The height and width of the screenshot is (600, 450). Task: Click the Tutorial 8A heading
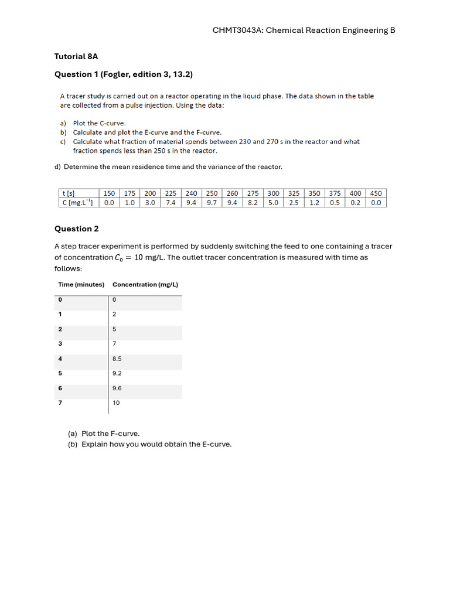[76, 57]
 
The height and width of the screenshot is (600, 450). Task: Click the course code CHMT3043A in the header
[238, 30]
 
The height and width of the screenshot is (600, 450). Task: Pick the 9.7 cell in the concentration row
[212, 202]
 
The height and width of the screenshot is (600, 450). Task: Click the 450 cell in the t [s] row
[376, 193]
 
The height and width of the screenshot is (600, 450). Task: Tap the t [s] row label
[68, 193]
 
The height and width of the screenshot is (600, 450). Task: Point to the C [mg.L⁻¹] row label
[77, 202]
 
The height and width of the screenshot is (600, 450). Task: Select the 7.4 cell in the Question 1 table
[171, 202]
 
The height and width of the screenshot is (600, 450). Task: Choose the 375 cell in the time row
[335, 193]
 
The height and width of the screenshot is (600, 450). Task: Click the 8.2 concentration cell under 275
[253, 202]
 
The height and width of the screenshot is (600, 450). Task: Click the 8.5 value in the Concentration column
[117, 359]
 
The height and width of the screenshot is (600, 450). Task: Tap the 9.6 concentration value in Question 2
[117, 388]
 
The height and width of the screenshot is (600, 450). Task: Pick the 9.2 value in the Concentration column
[117, 373]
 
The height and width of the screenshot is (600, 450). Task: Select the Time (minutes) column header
[81, 285]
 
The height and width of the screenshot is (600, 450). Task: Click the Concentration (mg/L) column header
[145, 285]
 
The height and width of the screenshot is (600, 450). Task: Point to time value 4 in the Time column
[60, 359]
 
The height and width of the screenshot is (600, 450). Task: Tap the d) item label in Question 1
[57, 167]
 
